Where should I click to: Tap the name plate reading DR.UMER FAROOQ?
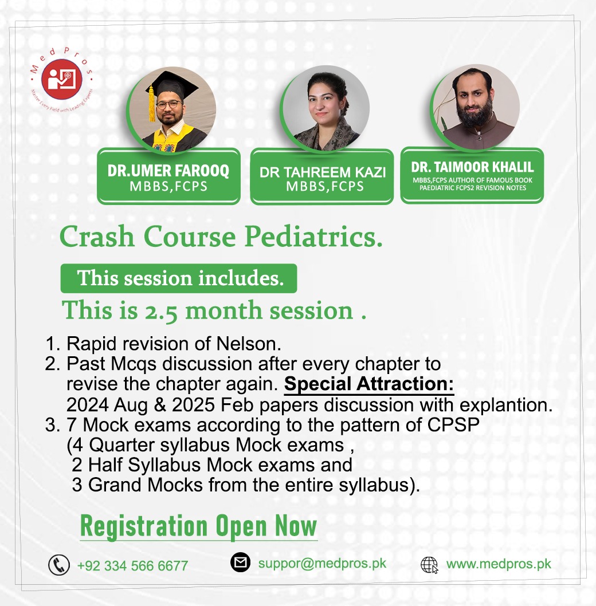168,176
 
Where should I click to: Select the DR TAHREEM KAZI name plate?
322,176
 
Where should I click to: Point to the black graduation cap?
170,85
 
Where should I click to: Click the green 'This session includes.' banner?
179,278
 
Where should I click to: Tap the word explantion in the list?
511,404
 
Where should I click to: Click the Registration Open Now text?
198,525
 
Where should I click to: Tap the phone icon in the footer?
59,565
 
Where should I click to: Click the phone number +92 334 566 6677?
132,566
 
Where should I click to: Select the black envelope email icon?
241,562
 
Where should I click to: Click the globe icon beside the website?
429,565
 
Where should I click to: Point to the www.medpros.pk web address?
499,564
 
